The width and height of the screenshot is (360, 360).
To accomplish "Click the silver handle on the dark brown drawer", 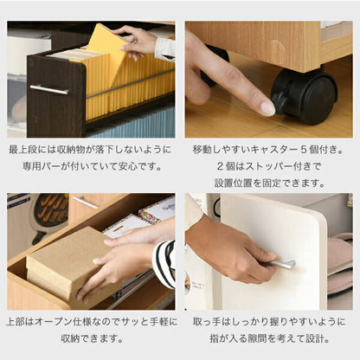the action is coord(49,89).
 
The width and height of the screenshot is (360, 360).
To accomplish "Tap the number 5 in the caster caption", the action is coord(303,150).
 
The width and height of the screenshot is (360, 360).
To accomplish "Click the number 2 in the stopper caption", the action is coord(221,166).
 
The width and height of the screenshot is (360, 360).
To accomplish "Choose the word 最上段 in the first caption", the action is coord(22,150).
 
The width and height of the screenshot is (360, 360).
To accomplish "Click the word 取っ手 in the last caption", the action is coord(207,322).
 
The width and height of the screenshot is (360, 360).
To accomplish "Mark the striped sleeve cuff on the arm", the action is coord(164,264).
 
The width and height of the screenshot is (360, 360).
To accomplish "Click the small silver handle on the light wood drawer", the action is coord(86,202).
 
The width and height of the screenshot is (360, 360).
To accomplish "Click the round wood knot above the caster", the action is coord(277,46).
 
